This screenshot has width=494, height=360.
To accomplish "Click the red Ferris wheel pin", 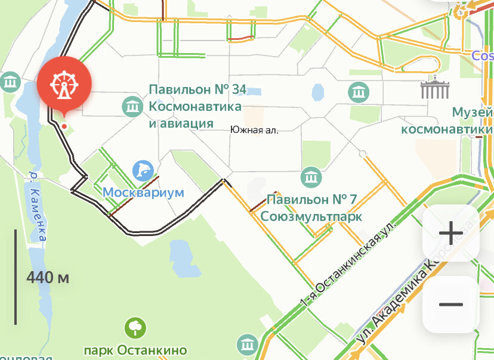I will [x=64, y=85].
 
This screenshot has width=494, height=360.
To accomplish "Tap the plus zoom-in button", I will [x=450, y=233].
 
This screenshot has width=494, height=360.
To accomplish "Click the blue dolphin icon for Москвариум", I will [x=143, y=171].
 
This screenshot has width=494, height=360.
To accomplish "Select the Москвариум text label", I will [x=143, y=193].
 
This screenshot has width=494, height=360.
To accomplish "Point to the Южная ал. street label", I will [x=254, y=129].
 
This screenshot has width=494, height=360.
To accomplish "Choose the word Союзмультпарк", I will [x=311, y=216].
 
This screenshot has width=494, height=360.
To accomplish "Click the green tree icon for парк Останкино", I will [x=135, y=328].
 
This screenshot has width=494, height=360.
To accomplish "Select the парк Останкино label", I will [x=135, y=350].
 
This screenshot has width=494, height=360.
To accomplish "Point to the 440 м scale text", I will [x=48, y=277].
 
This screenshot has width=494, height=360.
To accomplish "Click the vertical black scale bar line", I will [x=16, y=277].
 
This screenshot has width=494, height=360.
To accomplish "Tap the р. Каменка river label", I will [x=38, y=206].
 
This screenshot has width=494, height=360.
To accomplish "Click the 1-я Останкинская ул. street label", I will [x=349, y=266].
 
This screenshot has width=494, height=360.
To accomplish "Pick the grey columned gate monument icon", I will [x=433, y=89].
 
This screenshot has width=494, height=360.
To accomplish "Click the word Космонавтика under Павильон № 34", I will [x=195, y=107].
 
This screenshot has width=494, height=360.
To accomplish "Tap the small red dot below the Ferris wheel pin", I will [x=63, y=126].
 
